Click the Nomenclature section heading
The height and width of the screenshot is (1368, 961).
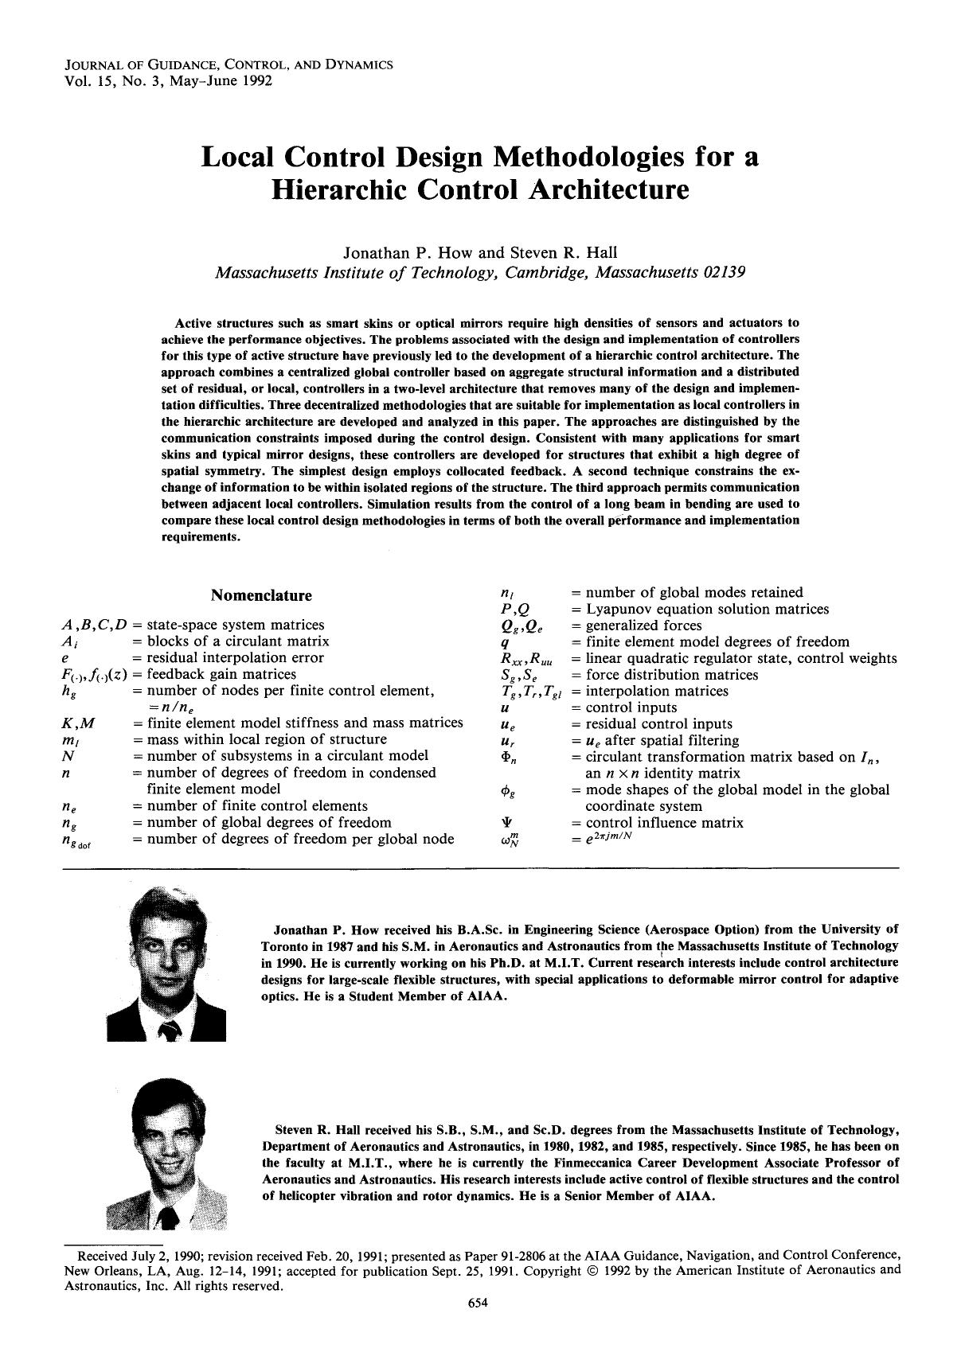click(x=261, y=595)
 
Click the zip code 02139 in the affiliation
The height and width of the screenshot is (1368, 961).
click(x=724, y=272)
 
